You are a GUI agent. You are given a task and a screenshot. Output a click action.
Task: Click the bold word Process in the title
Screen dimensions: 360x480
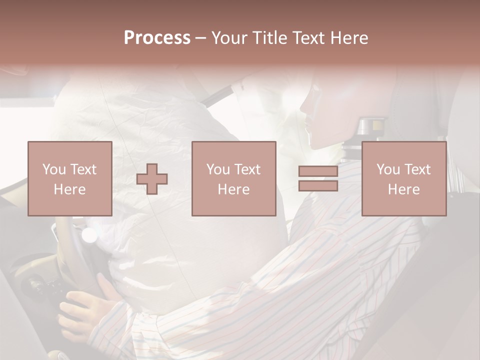pyautogui.click(x=157, y=38)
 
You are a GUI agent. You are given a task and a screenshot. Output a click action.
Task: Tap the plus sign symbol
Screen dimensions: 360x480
pyautogui.click(x=152, y=179)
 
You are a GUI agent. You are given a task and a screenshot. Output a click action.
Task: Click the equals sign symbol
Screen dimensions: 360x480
pyautogui.click(x=318, y=179)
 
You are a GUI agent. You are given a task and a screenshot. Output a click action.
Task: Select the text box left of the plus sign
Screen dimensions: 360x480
pyautogui.click(x=69, y=179)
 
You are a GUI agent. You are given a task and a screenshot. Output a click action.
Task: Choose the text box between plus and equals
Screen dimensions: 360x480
pyautogui.click(x=234, y=179)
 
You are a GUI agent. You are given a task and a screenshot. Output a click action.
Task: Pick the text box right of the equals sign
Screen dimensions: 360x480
pyautogui.click(x=403, y=179)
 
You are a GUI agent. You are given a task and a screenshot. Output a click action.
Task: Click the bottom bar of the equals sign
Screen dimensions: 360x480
pyautogui.click(x=318, y=185)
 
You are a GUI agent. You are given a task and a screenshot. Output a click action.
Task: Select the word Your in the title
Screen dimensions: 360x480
pyautogui.click(x=229, y=38)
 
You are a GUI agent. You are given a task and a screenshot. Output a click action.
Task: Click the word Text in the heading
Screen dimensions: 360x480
pyautogui.click(x=306, y=38)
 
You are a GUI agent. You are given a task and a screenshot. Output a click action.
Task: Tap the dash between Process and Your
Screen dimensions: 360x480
pyautogui.click(x=201, y=38)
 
